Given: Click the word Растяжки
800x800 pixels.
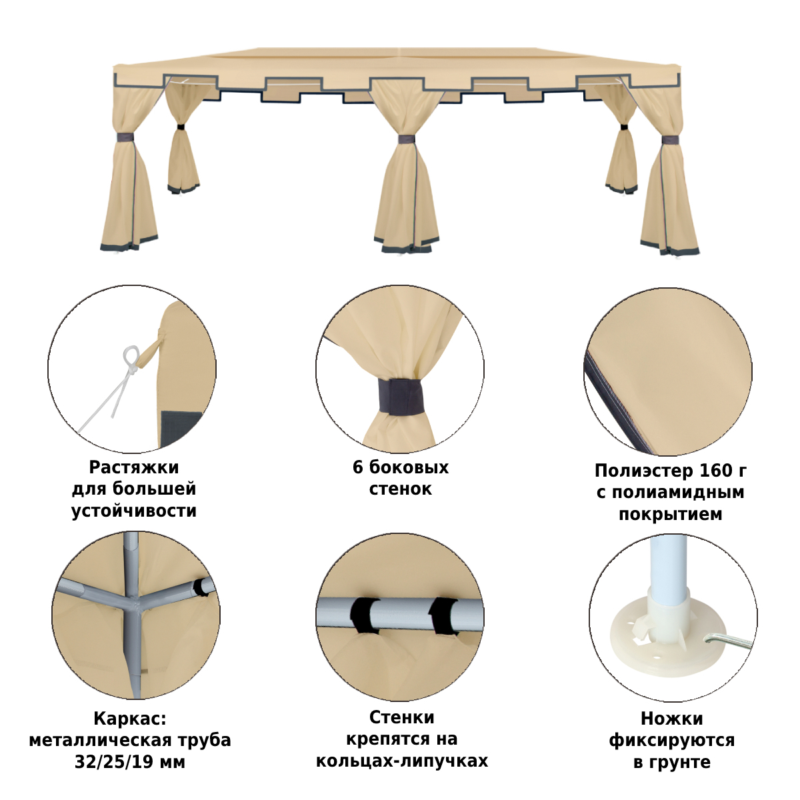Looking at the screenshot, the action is (x=134, y=467).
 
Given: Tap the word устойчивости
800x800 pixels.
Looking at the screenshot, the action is (x=134, y=511).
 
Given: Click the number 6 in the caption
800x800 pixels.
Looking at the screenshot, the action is (x=358, y=467).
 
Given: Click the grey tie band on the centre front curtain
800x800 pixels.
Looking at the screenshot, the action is (x=407, y=139).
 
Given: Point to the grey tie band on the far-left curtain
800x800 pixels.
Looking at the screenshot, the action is (x=125, y=137).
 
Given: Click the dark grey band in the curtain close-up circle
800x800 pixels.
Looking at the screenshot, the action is (x=400, y=397).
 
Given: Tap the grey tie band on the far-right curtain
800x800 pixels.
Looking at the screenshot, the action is (x=669, y=140).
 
